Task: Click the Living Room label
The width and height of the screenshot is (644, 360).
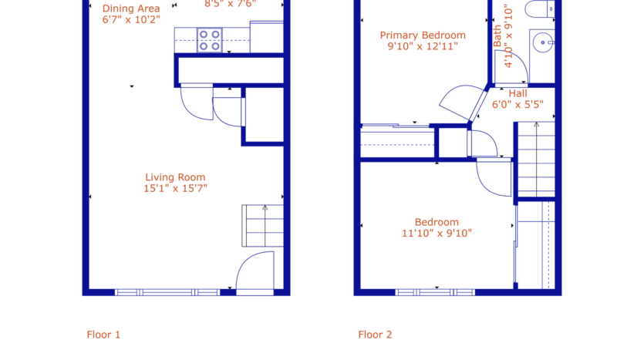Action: pos(175,177)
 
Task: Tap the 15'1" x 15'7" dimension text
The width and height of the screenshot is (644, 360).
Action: pos(175,188)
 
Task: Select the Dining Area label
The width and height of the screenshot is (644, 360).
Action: pos(131,9)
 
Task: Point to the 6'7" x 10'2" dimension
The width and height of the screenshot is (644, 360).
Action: pos(131,21)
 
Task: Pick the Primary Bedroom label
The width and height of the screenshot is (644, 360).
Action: pos(423,35)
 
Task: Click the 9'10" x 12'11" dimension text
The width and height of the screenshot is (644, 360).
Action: pos(423,46)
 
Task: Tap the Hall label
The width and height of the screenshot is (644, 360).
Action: pos(518,93)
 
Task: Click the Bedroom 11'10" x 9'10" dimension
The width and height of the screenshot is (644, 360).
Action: pos(437,233)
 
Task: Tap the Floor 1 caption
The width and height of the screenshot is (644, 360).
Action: pos(103,335)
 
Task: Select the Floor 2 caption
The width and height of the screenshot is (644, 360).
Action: pos(375,335)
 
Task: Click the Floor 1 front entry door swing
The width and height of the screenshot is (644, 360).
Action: pos(255,274)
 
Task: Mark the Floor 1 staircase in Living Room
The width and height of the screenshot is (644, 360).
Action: pos(263,225)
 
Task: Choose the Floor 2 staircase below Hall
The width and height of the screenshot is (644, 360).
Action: pos(535,160)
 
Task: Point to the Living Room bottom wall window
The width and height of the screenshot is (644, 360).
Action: pos(167,292)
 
